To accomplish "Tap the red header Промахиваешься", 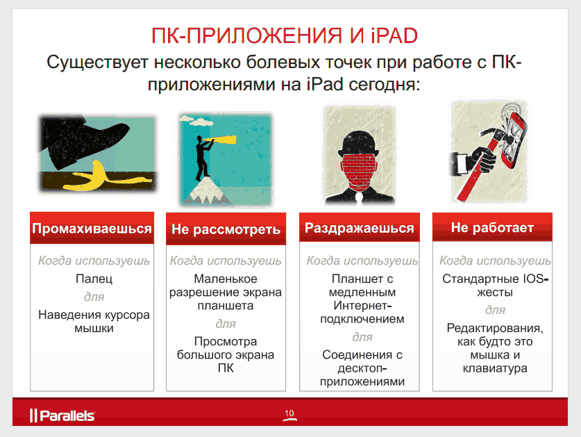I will pyautogui.click(x=92, y=229).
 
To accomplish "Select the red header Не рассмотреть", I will pyautogui.click(x=226, y=229).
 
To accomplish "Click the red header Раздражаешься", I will pyautogui.click(x=359, y=228).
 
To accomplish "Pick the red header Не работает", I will pyautogui.click(x=492, y=228).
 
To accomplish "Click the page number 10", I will pyautogui.click(x=289, y=414).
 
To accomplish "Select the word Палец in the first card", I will pyautogui.click(x=93, y=279).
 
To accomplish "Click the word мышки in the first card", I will pyautogui.click(x=93, y=329).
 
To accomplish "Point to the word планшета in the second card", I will pyautogui.click(x=226, y=306).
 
